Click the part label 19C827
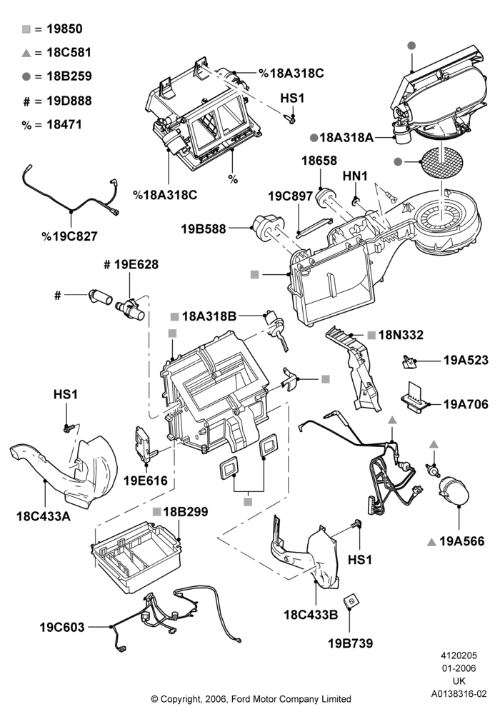coord(69,236)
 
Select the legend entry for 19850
coord(52,29)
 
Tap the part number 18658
coord(319,161)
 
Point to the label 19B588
coord(204,228)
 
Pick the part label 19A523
coord(466,360)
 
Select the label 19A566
coord(461,541)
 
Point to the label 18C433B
coord(311,615)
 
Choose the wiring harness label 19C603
coord(62,628)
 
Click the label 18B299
coord(185,512)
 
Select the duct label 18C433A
coord(44,516)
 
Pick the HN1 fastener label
coord(355,176)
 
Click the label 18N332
coord(401,335)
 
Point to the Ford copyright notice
coord(251,698)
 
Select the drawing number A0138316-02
coord(459,694)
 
